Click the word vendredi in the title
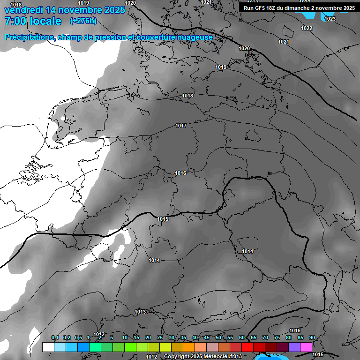click(x=24, y=10)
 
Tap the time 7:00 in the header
click(x=15, y=21)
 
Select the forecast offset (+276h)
click(x=83, y=21)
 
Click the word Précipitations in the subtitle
click(x=29, y=37)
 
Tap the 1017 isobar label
click(x=181, y=126)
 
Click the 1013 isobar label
click(x=140, y=312)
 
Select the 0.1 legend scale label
click(x=55, y=337)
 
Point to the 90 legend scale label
click(x=312, y=337)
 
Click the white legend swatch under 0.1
click(x=48, y=347)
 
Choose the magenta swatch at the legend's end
click(x=306, y=347)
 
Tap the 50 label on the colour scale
click(x=218, y=337)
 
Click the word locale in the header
click(x=45, y=21)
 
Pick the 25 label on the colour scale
click(x=160, y=337)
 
